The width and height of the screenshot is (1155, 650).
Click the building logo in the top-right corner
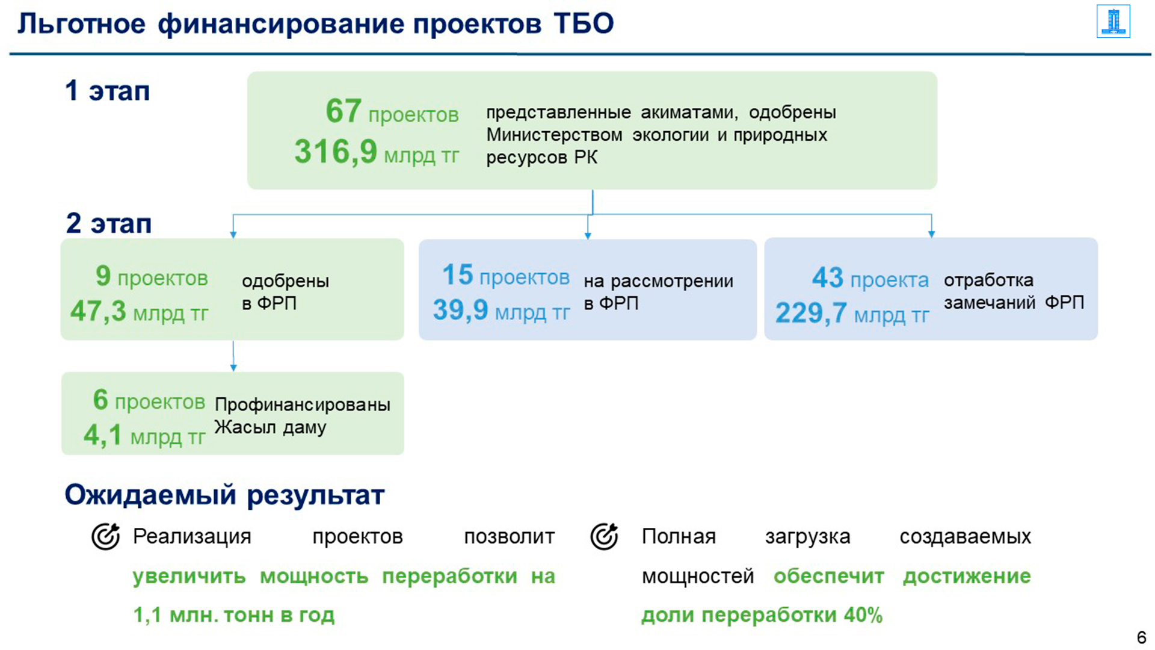[1113, 22]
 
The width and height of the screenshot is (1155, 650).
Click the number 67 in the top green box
[343, 111]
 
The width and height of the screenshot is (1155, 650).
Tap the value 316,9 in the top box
[336, 151]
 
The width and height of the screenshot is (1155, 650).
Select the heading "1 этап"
[108, 91]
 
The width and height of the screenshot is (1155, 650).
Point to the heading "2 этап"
[108, 223]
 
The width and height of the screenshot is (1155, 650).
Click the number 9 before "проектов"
[103, 276]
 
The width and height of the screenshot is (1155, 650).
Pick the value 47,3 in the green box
[98, 311]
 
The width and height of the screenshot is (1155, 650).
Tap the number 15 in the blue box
[458, 274]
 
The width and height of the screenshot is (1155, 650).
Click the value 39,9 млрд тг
[502, 311]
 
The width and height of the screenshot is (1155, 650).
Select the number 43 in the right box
[828, 277]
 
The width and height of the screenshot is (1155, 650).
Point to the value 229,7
[811, 313]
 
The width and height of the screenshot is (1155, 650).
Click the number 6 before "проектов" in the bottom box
[100, 400]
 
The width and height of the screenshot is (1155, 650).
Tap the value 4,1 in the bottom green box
[102, 435]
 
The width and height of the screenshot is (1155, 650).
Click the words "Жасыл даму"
[270, 427]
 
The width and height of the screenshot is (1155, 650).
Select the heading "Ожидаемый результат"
[224, 495]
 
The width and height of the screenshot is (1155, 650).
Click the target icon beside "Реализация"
[105, 536]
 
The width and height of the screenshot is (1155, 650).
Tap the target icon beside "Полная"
[604, 536]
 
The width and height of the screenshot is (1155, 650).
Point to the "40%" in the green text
[863, 615]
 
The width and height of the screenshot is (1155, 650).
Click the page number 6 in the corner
[1141, 637]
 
